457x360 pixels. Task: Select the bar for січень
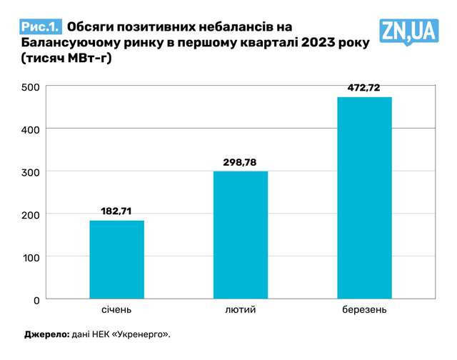coord(116,259)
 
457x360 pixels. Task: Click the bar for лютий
coord(241,235)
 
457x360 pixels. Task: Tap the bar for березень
coord(364,198)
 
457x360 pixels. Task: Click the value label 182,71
coord(116,211)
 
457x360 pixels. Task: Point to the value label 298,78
coord(241,162)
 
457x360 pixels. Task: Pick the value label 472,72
coord(364,88)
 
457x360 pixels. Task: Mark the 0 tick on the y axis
coord(36,299)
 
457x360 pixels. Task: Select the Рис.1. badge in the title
coord(40,27)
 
